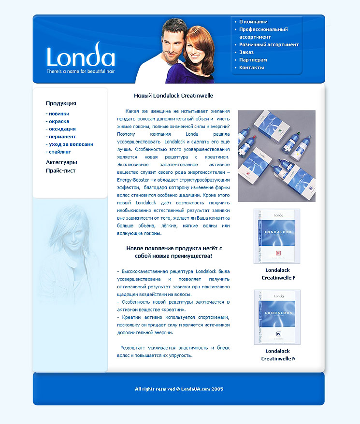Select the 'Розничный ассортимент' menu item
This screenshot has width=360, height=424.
click(x=269, y=44)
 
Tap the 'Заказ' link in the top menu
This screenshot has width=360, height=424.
click(x=246, y=52)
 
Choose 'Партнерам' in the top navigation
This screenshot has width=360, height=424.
click(x=253, y=60)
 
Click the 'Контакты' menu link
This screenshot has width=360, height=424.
click(x=252, y=68)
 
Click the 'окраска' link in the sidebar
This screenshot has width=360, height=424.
click(x=59, y=122)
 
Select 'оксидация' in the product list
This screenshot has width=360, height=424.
click(x=62, y=129)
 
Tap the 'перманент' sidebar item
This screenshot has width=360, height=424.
click(x=62, y=137)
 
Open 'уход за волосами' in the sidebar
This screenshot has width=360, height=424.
click(x=71, y=144)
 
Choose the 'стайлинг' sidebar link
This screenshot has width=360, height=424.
click(x=60, y=152)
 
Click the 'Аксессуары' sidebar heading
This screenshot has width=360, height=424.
click(x=61, y=163)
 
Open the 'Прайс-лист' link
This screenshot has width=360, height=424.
click(x=60, y=171)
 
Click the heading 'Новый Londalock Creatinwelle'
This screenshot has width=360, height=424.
click(x=173, y=96)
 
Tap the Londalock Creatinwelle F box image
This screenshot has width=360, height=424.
click(x=277, y=236)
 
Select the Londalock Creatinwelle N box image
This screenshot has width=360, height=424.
click(x=277, y=317)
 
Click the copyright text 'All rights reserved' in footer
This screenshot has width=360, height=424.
click(x=179, y=389)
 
